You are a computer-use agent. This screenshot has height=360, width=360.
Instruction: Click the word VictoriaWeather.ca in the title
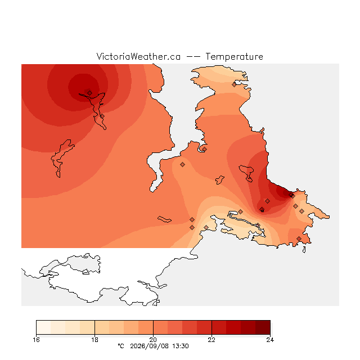[138, 56]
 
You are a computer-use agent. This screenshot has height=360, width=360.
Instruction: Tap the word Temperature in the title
[234, 56]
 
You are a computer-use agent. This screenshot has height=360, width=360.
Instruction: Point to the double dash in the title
[193, 57]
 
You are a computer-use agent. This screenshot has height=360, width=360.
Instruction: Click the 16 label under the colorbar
[36, 340]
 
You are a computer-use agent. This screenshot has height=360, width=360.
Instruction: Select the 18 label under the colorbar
[94, 340]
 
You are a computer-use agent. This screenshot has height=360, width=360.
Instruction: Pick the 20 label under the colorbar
[153, 340]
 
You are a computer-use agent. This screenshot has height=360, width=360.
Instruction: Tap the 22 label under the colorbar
[211, 340]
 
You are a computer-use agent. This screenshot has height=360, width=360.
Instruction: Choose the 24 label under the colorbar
[270, 340]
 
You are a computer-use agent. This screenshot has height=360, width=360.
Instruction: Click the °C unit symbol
[121, 346]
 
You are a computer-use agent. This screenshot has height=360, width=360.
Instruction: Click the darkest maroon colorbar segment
[263, 327]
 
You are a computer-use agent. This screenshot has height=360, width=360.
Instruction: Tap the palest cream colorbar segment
[43, 327]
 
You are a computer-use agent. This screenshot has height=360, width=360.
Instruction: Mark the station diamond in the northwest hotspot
[90, 93]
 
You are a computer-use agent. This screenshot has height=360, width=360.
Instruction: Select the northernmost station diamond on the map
[234, 85]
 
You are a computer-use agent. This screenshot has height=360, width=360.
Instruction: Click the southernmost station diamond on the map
[299, 238]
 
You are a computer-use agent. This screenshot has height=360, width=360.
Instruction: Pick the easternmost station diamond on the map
[301, 211]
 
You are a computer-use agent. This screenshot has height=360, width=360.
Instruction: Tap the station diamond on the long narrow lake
[102, 116]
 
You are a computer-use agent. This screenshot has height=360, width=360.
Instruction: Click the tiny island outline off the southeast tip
[304, 250]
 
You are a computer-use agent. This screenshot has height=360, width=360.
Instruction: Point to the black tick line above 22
[211, 327]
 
